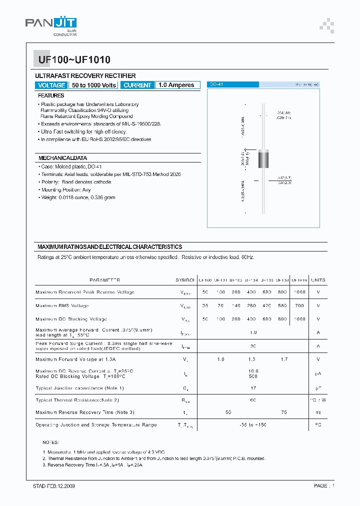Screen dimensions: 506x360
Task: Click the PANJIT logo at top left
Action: (x=51, y=24)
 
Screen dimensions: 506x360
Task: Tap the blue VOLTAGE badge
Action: (x=51, y=85)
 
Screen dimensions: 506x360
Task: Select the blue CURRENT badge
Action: (x=137, y=85)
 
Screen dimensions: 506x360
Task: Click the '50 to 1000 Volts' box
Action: (x=94, y=85)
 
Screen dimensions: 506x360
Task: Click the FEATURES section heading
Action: (x=51, y=95)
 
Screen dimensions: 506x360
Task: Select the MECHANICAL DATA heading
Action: (x=62, y=158)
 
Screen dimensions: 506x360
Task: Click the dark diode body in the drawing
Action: (x=263, y=159)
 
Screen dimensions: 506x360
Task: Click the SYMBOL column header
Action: (x=185, y=280)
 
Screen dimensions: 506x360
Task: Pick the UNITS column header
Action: (x=317, y=280)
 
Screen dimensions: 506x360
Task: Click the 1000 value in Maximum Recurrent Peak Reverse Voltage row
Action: (x=299, y=292)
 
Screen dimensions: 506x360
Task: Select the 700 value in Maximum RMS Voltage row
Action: (x=299, y=305)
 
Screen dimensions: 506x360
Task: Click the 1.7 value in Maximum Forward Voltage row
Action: (x=284, y=359)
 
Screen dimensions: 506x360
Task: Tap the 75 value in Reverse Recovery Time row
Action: (x=284, y=412)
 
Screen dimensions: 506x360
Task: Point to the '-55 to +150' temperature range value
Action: (x=253, y=424)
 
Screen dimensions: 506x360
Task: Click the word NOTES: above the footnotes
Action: (x=51, y=442)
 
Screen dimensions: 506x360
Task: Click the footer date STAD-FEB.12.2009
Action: (x=50, y=485)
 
